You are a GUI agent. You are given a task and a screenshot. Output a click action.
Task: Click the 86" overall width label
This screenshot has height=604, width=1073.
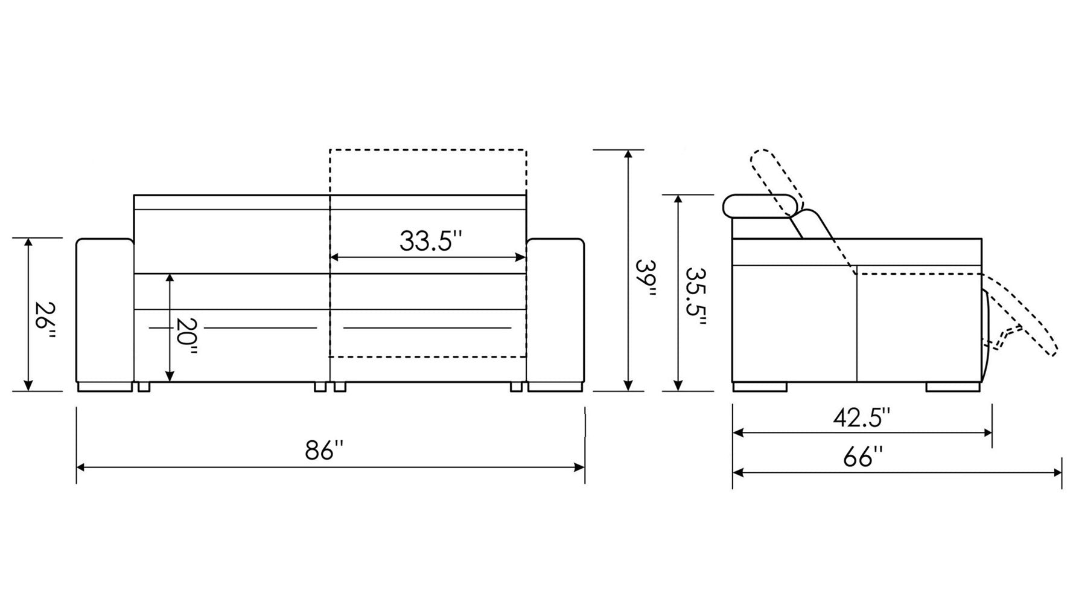(324, 451)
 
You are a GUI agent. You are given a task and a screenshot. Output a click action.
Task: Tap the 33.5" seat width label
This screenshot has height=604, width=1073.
(430, 242)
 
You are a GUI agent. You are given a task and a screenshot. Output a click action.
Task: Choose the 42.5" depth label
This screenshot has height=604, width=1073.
(861, 417)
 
